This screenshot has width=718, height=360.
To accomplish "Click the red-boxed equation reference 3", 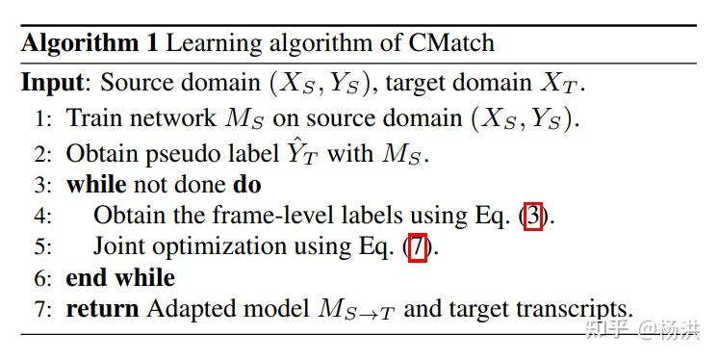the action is (533, 215).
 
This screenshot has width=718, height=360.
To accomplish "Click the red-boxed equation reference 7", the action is (417, 246).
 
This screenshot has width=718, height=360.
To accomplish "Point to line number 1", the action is (42, 118).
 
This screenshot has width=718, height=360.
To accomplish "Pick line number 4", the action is (42, 215).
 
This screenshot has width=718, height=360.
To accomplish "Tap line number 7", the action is (42, 309).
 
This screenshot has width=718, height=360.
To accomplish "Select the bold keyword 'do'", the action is (247, 183).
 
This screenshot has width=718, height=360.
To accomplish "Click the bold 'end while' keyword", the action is (120, 277).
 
